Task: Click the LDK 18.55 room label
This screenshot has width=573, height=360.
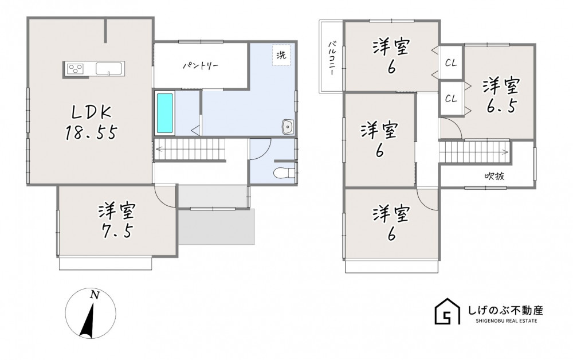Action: pos(91,123)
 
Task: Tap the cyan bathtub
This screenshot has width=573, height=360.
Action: pos(165,114)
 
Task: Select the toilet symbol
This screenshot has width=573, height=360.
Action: pos(284,173)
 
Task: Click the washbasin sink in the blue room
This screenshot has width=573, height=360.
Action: pos(288,127)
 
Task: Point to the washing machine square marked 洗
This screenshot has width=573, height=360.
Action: pos(281,55)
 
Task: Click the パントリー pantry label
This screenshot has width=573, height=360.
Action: pos(201,66)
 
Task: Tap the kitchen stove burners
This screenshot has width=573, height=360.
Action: pos(75,68)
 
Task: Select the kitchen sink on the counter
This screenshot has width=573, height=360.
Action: pos(108,68)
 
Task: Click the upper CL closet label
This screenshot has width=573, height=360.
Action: pos(452,63)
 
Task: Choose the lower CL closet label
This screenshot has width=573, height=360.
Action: pos(452,99)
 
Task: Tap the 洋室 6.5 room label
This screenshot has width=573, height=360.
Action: pos(501,96)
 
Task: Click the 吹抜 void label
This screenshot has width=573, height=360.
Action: pos(494,176)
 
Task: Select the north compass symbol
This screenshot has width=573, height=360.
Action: pos(91,313)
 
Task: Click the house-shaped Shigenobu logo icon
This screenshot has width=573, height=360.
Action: pos(448,311)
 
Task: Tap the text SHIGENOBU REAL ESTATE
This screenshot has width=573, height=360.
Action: pos(507,321)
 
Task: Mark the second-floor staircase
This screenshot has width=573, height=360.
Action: pos(474,152)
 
